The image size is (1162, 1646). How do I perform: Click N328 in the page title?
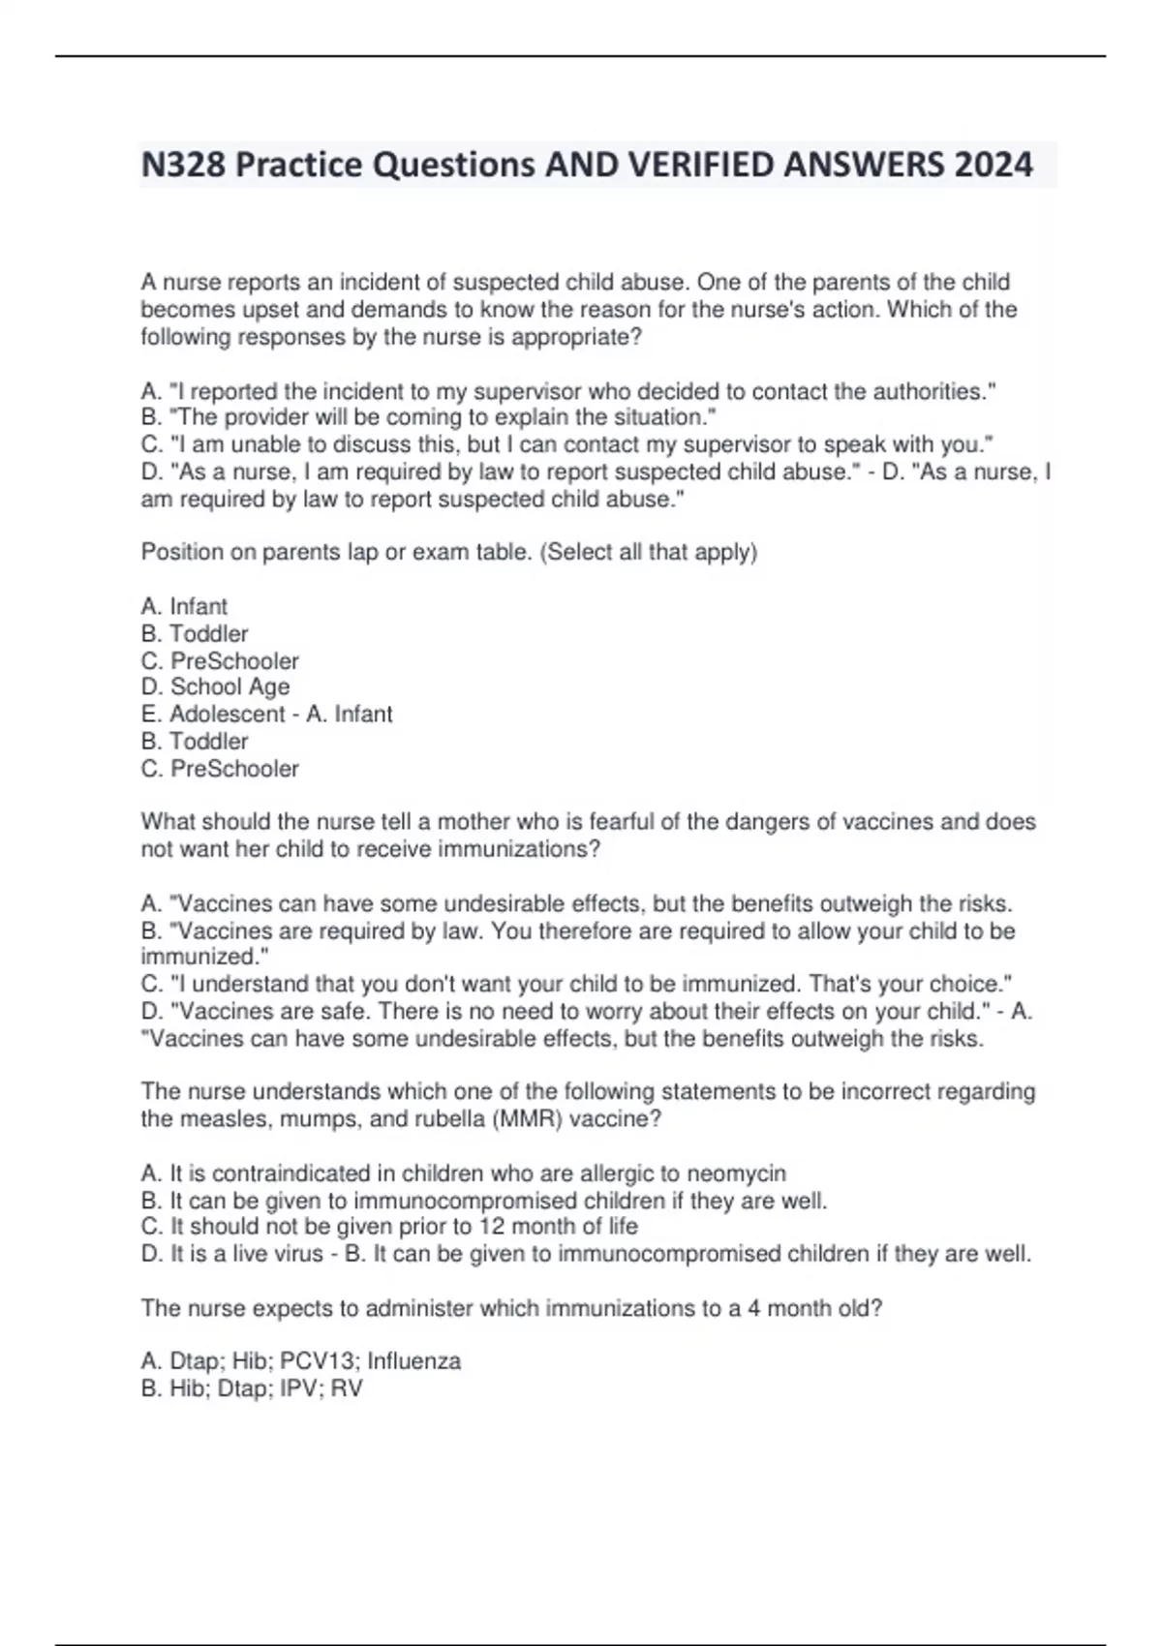183,165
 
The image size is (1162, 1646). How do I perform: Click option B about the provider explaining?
428,417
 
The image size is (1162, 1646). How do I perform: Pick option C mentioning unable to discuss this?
566,444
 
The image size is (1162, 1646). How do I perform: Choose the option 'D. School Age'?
215,686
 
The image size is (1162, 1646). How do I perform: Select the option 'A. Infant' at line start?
184,606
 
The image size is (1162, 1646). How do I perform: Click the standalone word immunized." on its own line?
204,957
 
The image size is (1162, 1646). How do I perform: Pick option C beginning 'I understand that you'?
576,984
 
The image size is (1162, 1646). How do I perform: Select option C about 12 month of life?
389,1226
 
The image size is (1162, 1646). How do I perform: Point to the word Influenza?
413,1361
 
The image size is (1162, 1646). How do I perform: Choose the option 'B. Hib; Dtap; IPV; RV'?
252,1388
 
